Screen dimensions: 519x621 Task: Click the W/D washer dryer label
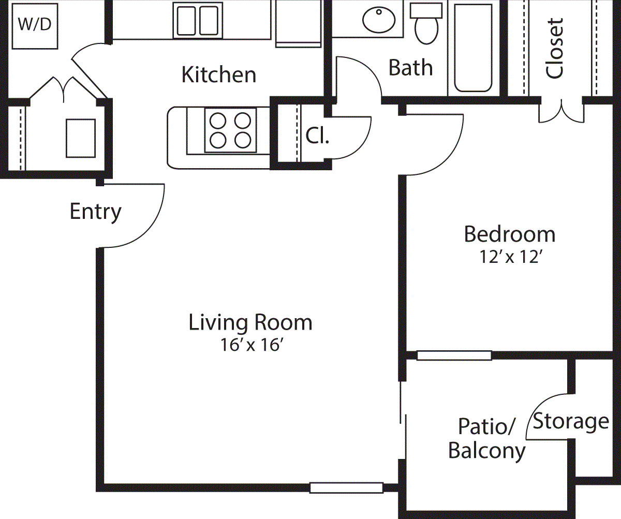[35, 25]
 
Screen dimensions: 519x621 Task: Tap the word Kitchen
[218, 75]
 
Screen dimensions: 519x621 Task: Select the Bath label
[410, 67]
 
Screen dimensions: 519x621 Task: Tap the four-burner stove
[230, 130]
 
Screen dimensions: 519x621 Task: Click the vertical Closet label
[554, 49]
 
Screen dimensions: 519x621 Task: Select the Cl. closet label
[317, 135]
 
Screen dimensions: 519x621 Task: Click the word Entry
[95, 211]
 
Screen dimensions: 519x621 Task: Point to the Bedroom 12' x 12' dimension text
[510, 257]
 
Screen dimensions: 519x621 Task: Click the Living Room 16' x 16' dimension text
[250, 345]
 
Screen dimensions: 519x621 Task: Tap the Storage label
[571, 421]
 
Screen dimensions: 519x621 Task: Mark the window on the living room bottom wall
[346, 487]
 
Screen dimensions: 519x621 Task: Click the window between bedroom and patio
[454, 355]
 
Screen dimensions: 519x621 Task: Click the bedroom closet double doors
[561, 112]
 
